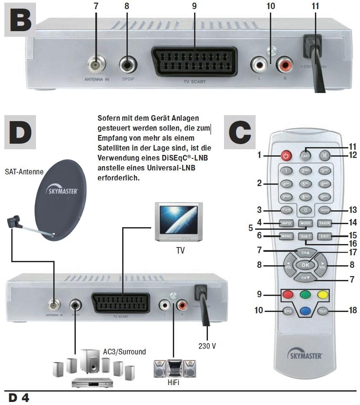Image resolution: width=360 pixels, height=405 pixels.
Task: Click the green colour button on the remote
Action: [305, 296]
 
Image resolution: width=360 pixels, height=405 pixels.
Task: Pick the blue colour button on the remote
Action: [305, 310]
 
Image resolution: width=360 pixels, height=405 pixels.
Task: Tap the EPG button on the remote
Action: [286, 310]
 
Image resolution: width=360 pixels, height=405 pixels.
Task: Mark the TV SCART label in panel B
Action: [195, 81]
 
